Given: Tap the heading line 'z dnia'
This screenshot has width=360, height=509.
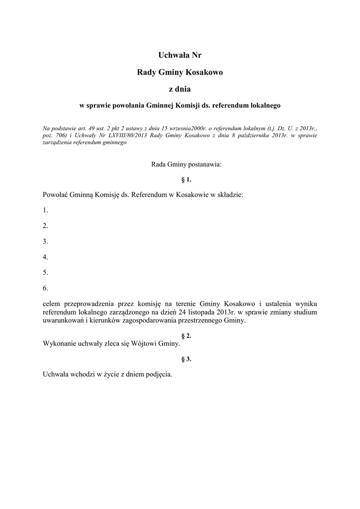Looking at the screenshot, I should [180, 89].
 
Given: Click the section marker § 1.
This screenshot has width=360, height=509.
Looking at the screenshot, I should [180, 179].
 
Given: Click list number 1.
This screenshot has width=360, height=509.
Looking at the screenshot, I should [45, 210].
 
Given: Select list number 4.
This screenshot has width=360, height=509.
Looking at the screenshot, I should [45, 257].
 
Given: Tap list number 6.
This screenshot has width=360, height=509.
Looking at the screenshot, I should [45, 288].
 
